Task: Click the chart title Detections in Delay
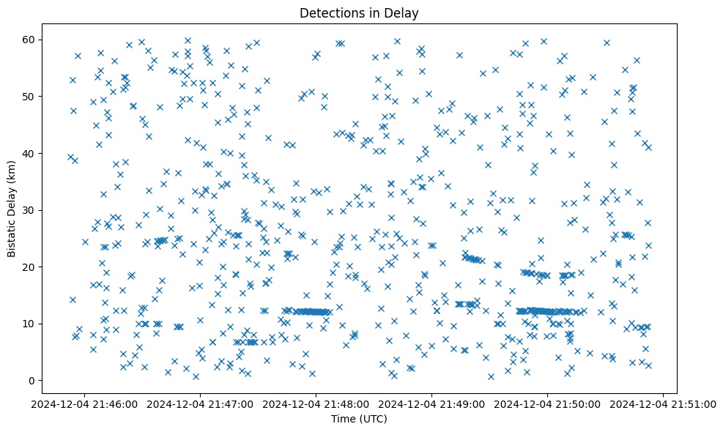click(359, 12)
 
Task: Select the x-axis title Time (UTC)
click(359, 419)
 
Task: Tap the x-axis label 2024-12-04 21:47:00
click(200, 403)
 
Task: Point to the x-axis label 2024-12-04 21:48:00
click(316, 403)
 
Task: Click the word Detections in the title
click(329, 12)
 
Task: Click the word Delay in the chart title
click(404, 12)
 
